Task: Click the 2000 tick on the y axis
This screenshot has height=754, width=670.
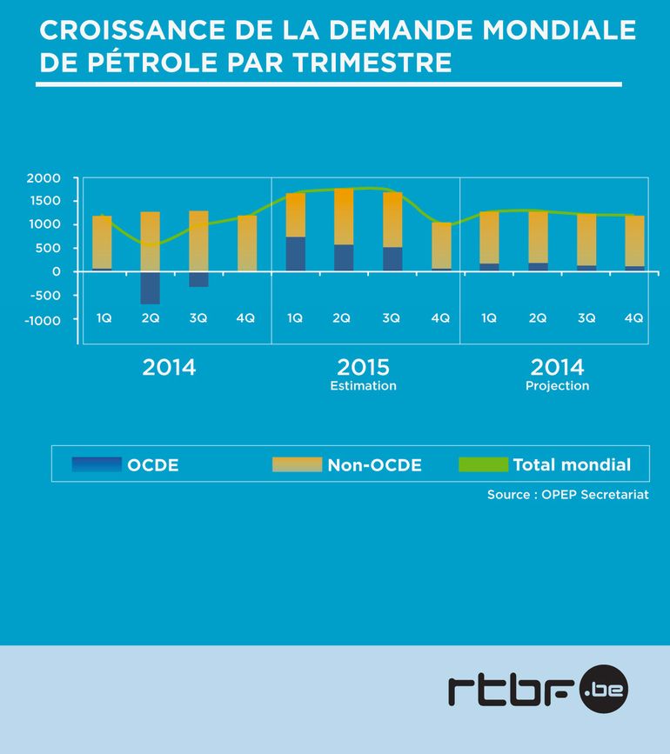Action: pos(43,178)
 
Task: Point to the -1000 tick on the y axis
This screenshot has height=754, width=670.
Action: pos(41,320)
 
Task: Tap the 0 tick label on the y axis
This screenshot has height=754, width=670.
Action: pos(56,271)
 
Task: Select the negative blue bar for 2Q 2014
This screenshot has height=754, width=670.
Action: pos(150,288)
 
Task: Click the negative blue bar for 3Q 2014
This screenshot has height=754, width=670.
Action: pos(198,279)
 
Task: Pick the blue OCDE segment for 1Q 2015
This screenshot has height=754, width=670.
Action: pos(296,254)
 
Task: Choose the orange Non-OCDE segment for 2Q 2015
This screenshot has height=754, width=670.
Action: pos(344,217)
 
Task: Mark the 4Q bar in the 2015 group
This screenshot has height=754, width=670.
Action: pos(441,246)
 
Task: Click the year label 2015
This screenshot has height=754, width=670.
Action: pos(363,367)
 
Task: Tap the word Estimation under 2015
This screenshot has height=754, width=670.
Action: pos(363,385)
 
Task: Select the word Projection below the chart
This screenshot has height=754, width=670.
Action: pos(557,385)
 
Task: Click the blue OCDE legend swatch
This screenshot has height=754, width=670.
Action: pos(97,464)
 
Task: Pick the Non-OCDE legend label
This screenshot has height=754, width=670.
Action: pos(374,465)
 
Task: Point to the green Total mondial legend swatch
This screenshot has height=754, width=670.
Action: pos(483,464)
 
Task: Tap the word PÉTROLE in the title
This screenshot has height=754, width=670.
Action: pos(144,63)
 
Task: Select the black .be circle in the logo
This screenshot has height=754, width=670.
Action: pos(602,691)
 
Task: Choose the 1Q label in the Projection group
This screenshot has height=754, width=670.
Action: pos(489,318)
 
